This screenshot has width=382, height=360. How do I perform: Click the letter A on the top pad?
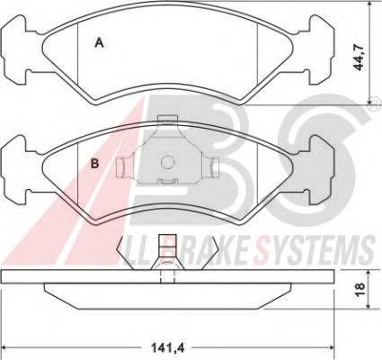click(x=99, y=42)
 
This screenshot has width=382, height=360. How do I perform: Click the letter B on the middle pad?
click(x=94, y=164)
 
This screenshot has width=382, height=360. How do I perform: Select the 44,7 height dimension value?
click(x=359, y=57)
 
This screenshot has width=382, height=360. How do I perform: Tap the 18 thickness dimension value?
click(x=360, y=289)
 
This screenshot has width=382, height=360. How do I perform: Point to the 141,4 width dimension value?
click(x=167, y=348)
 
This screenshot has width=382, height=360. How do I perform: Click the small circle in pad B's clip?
click(x=167, y=162)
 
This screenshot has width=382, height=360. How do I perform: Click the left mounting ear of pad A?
click(x=16, y=49)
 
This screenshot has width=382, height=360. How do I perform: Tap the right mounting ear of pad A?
click(x=320, y=49)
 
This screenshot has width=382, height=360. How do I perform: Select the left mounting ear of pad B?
click(x=16, y=169)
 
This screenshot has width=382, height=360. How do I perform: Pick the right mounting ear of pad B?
click(x=320, y=169)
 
